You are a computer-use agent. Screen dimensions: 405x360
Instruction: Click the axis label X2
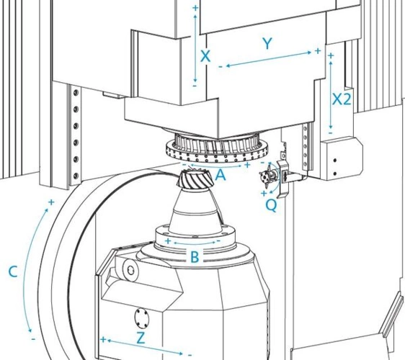(342, 99)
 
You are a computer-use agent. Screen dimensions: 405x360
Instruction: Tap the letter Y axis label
(267, 43)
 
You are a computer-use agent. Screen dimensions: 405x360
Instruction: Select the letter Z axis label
(141, 338)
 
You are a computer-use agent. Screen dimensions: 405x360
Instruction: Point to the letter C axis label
(13, 271)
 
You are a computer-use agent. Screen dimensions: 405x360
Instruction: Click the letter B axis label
(195, 257)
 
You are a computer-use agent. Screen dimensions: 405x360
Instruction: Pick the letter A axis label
(221, 175)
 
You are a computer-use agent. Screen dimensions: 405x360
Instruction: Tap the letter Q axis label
(271, 206)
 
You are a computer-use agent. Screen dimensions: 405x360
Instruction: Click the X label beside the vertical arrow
(205, 56)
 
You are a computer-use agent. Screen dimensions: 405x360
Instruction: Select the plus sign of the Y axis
(318, 51)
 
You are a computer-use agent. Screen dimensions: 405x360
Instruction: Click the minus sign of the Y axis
(221, 67)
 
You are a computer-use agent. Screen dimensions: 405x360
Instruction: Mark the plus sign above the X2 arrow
(331, 55)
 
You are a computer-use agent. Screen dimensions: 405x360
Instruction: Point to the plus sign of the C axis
(51, 202)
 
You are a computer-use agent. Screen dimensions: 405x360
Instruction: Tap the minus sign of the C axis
(33, 339)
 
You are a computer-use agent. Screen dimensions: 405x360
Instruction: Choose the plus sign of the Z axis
(103, 339)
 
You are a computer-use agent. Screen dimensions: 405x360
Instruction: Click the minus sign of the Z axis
(190, 356)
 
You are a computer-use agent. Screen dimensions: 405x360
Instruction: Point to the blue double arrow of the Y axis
(269, 59)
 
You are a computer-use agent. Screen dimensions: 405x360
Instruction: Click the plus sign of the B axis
(168, 241)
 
